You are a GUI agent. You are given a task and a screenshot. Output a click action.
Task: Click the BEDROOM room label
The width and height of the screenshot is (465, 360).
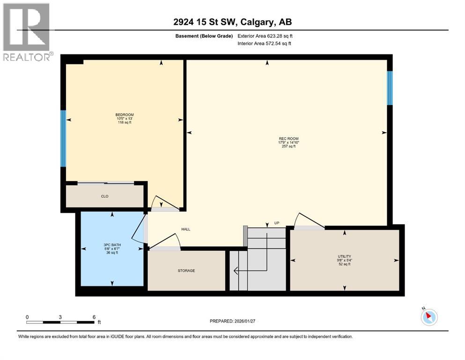pyautogui.click(x=125, y=115)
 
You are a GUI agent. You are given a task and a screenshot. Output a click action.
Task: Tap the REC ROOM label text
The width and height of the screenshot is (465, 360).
pyautogui.click(x=288, y=138)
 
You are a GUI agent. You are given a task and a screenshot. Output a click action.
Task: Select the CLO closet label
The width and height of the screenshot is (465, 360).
pyautogui.click(x=104, y=196)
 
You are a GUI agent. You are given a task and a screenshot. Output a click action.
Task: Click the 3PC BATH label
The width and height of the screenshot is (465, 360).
pyautogui.click(x=111, y=245)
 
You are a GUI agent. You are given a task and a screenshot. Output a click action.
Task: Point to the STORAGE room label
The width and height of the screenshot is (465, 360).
pyautogui.click(x=186, y=270)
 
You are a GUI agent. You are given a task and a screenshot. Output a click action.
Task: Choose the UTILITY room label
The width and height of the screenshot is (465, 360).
pyautogui.click(x=344, y=256)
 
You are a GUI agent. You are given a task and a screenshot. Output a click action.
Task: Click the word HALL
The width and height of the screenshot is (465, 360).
pyautogui.click(x=186, y=229)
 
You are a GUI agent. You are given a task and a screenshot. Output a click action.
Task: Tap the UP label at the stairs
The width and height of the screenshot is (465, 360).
pyautogui.click(x=276, y=223)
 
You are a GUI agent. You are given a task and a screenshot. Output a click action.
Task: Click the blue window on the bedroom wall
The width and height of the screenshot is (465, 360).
pyautogui.click(x=63, y=138)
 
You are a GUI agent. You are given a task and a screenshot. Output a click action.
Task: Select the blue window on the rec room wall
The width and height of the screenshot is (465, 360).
pyautogui.click(x=390, y=88)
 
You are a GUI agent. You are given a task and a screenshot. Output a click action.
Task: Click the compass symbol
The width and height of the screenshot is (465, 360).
pyautogui.click(x=429, y=317)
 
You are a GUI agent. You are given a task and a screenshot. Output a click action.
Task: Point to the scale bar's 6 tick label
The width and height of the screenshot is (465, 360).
pyautogui.click(x=94, y=317)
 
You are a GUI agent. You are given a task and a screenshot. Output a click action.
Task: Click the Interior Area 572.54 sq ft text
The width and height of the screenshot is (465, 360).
pyautogui.click(x=265, y=44)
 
